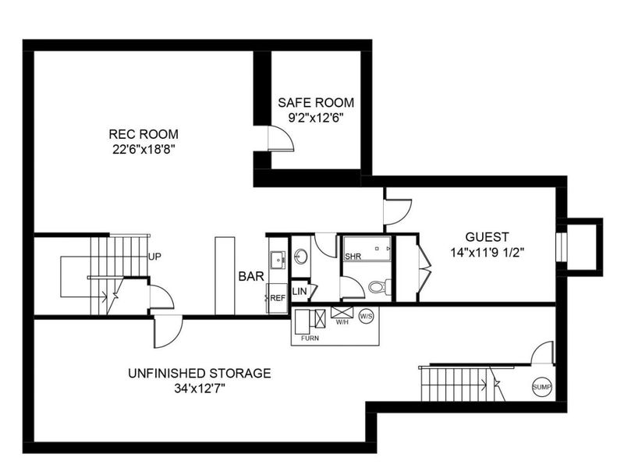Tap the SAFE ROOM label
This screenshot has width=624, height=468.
(x=317, y=102)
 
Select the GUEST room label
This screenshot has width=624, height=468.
(x=487, y=236)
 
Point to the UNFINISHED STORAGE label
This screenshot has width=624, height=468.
(x=199, y=373)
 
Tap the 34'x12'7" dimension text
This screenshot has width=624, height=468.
(x=199, y=388)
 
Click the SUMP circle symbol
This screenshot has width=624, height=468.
(x=541, y=386)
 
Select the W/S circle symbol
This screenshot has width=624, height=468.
(x=367, y=316)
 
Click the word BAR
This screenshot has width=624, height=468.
(x=251, y=276)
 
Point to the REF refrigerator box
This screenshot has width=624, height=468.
(x=277, y=298)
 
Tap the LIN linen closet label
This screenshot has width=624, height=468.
(x=300, y=292)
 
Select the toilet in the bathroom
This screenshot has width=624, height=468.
(x=378, y=288)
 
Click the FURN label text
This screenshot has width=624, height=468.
(x=310, y=338)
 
